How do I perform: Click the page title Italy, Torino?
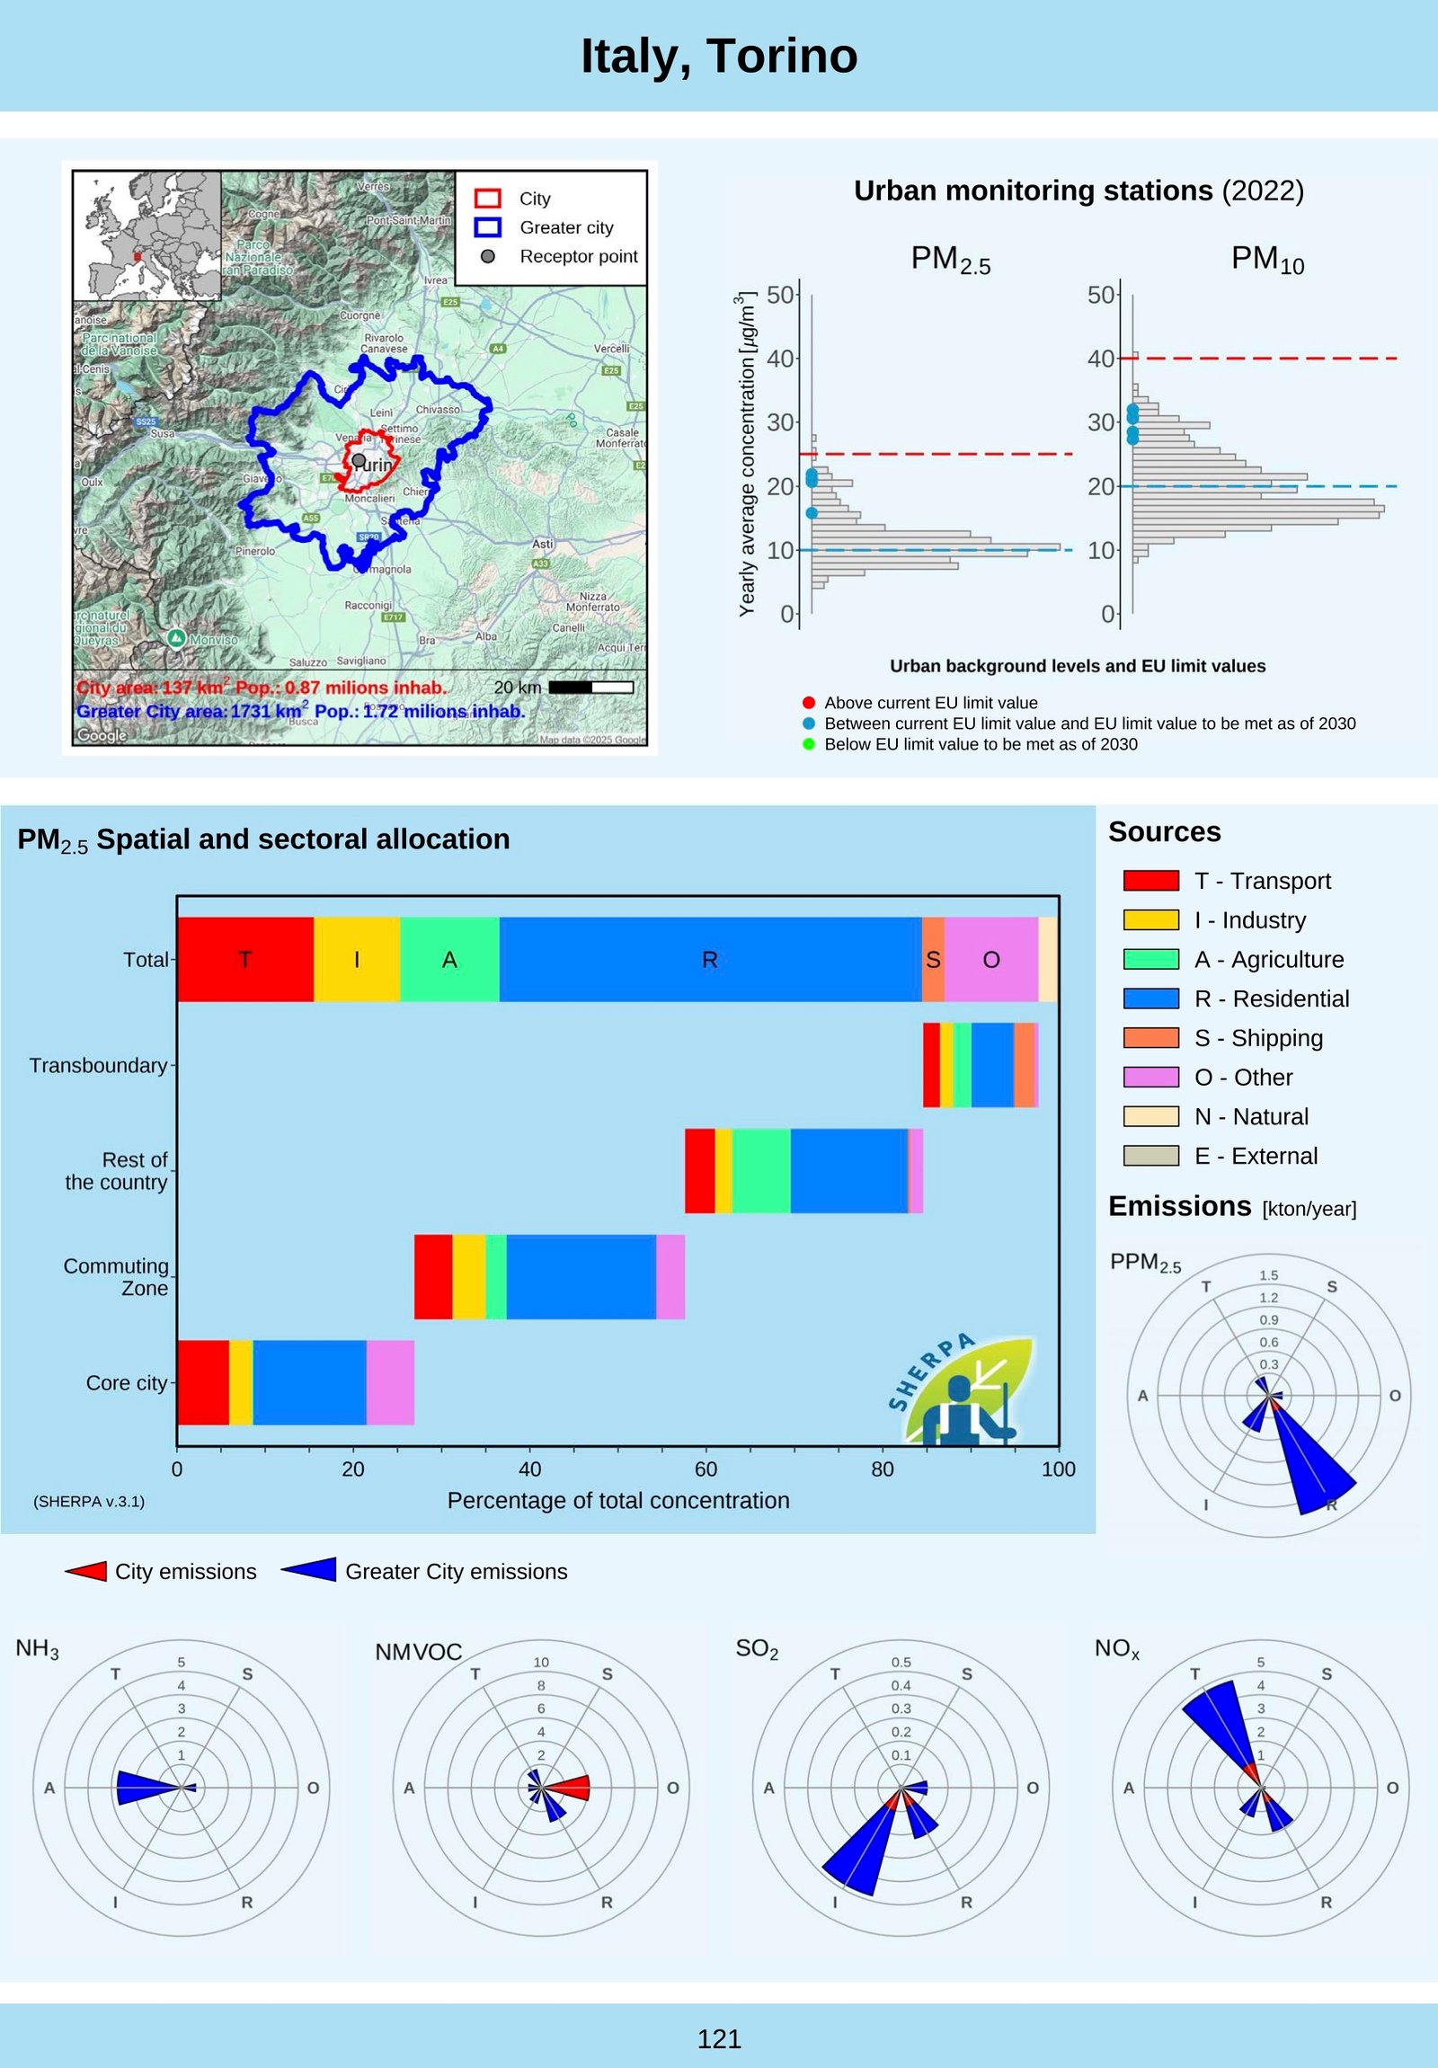coord(718,56)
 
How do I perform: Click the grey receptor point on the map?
coord(359,460)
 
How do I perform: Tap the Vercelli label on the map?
coord(611,349)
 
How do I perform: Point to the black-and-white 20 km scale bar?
coord(590,688)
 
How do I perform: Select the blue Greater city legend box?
coord(488,227)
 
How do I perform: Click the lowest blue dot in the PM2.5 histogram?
coord(812,513)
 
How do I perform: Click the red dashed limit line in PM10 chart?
coord(1261,359)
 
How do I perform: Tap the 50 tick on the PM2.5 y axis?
coord(780,295)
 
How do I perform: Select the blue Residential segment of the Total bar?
coord(709,959)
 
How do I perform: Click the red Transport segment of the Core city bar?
coord(202,1382)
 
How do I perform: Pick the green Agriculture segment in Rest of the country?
coord(762,1171)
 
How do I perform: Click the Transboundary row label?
coord(98,1066)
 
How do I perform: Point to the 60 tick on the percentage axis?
coord(706,1469)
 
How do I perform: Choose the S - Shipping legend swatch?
coord(1150,1038)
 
